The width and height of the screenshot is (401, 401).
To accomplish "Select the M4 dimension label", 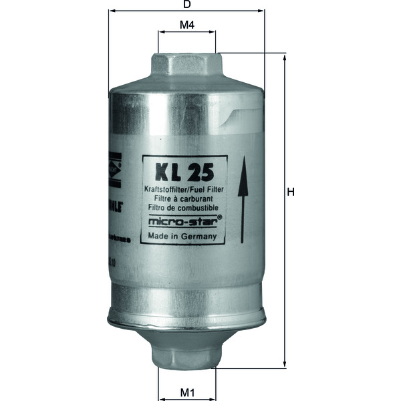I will (x=187, y=25).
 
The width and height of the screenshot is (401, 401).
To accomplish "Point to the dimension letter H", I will (x=291, y=192).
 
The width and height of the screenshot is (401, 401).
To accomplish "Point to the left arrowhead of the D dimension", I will (x=111, y=12).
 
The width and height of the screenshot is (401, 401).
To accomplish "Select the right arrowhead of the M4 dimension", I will (x=213, y=33).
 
